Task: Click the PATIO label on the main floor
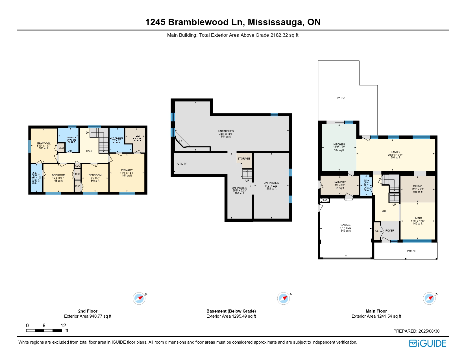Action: [341, 98]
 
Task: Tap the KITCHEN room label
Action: [339, 145]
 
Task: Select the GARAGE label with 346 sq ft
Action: [346, 225]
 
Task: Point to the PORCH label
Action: [411, 251]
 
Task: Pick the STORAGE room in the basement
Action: [243, 159]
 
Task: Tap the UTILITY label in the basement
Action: [182, 164]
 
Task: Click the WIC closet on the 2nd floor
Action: [138, 137]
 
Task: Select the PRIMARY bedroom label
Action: [127, 170]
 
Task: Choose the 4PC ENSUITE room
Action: [117, 138]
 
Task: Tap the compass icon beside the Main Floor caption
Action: [429, 298]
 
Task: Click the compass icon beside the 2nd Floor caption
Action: [139, 298]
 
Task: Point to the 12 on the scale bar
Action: [63, 326]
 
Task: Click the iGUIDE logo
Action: [428, 343]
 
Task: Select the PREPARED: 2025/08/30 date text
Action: [416, 331]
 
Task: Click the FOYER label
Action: [390, 231]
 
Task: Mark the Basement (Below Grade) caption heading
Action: [231, 311]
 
